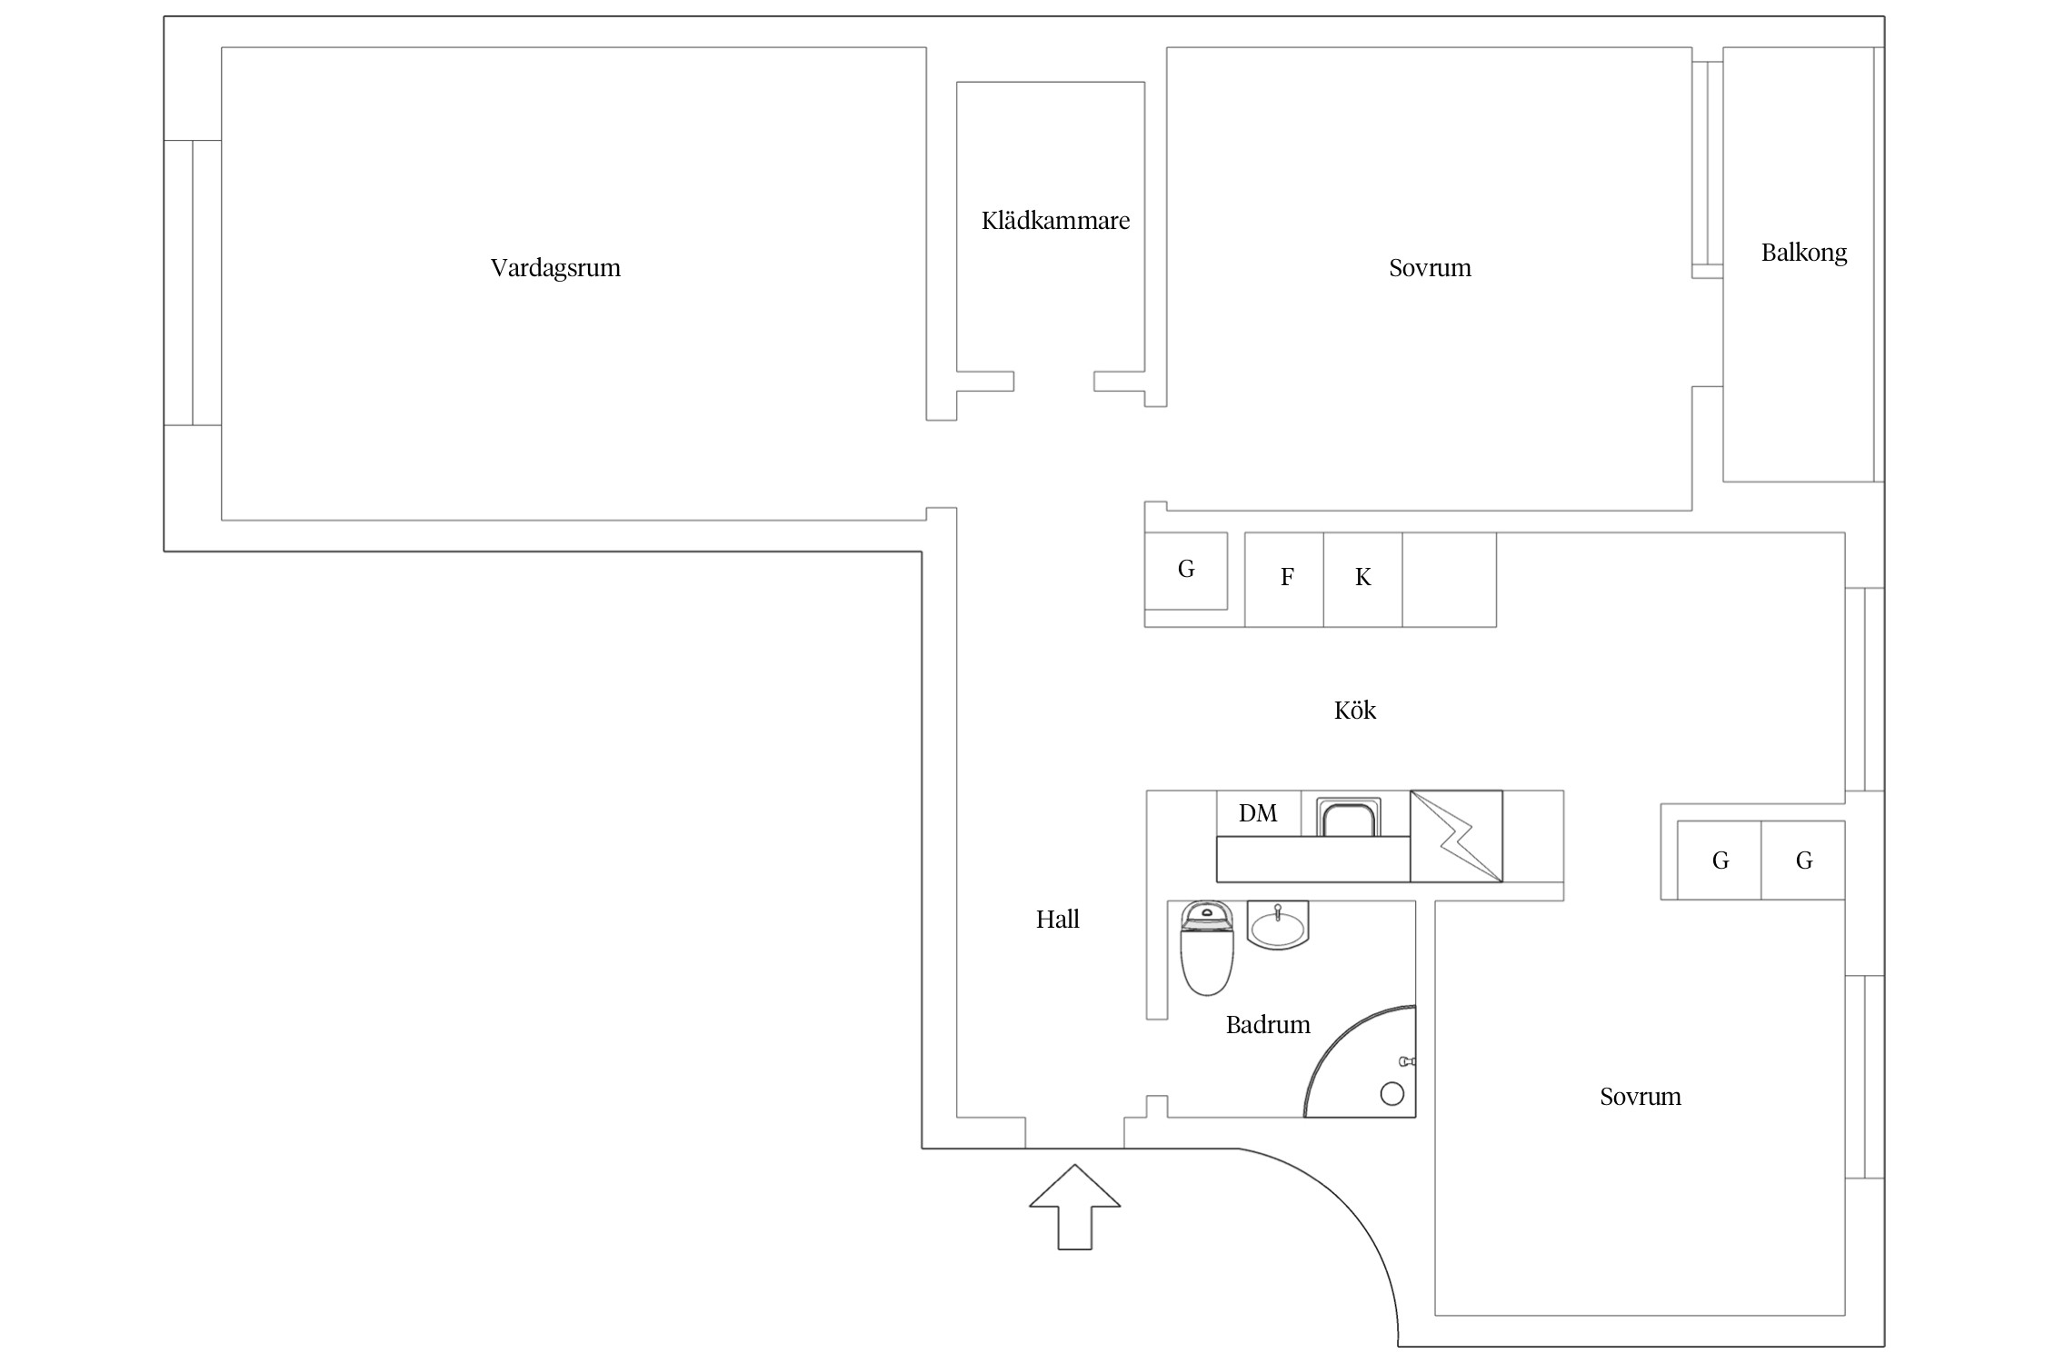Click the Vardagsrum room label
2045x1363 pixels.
point(555,268)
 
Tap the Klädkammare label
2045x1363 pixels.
point(1055,221)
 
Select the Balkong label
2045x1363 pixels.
point(1804,253)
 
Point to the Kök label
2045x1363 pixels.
point(1355,710)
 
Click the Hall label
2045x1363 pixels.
point(1058,920)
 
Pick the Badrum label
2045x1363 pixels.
point(1268,1025)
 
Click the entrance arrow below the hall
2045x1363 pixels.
point(1075,1207)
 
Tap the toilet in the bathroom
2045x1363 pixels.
point(1206,949)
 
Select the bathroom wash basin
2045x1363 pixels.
point(1278,925)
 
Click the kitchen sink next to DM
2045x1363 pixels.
point(1349,818)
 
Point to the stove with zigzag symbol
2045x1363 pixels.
point(1456,836)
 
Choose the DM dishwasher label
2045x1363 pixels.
point(1258,813)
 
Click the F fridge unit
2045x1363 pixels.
point(1284,580)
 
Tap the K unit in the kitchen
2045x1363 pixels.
point(1363,580)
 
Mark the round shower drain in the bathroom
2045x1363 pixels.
point(1392,1093)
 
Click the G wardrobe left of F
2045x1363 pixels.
point(1186,571)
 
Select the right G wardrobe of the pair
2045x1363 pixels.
point(1803,861)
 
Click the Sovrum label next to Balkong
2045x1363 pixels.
point(1430,268)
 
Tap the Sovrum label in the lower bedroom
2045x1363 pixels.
point(1641,1097)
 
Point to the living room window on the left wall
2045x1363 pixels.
point(193,283)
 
